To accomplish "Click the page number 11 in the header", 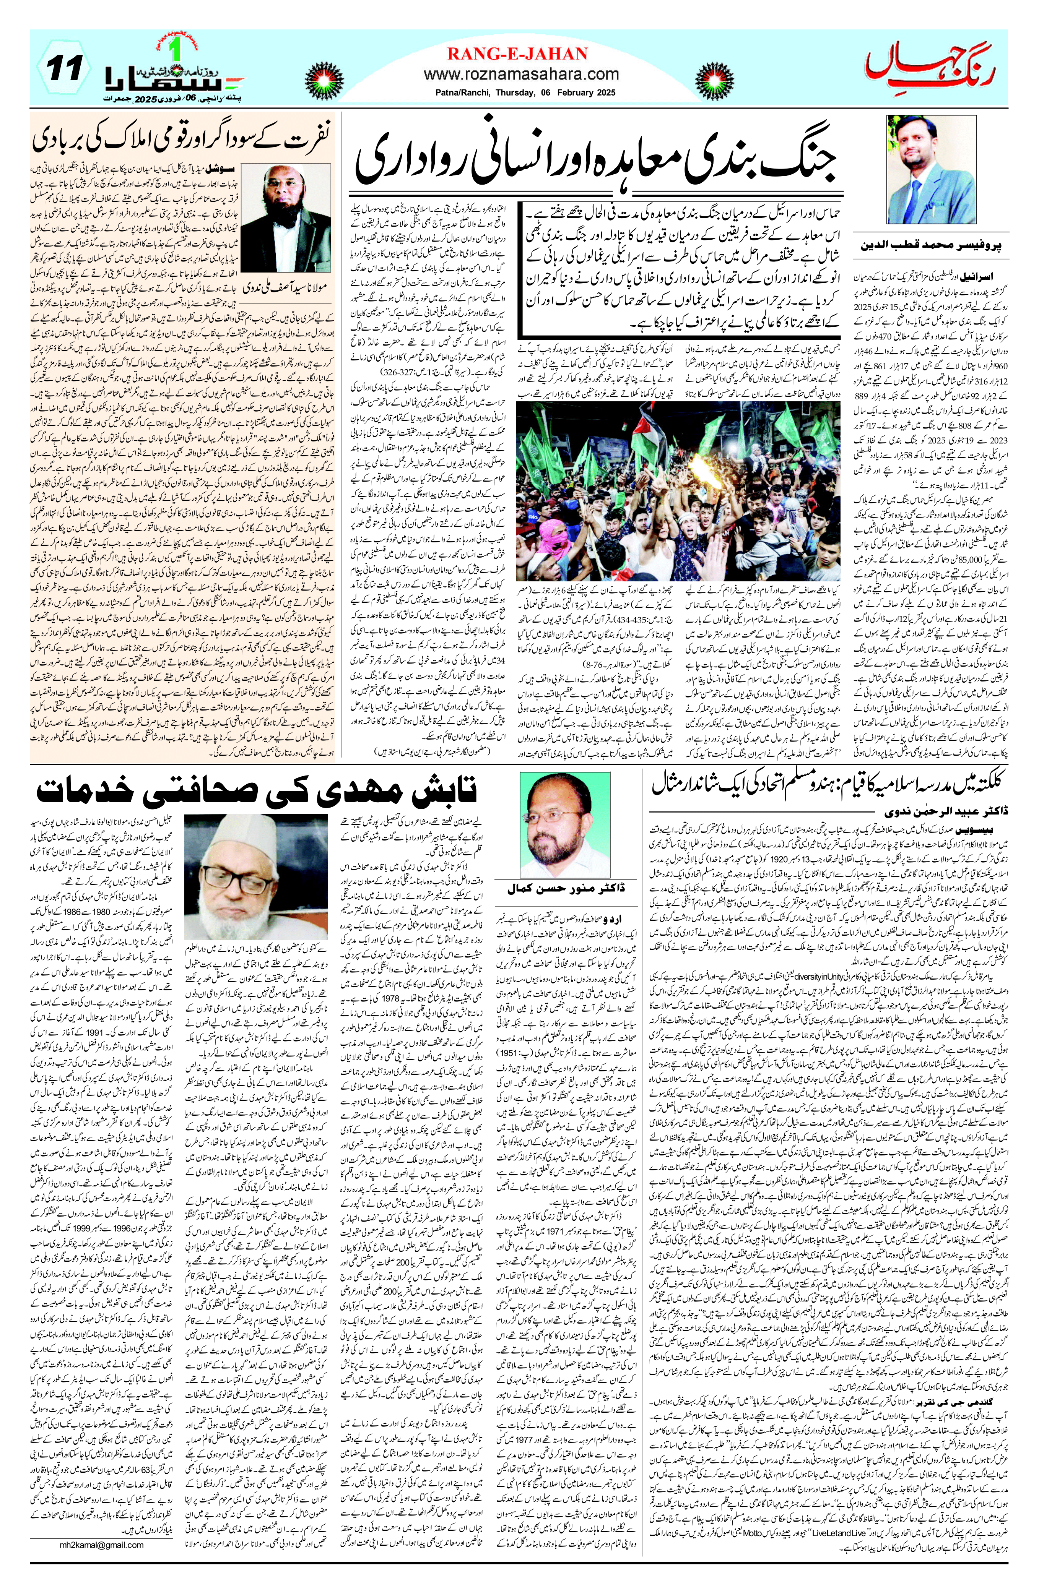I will (x=66, y=70).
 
